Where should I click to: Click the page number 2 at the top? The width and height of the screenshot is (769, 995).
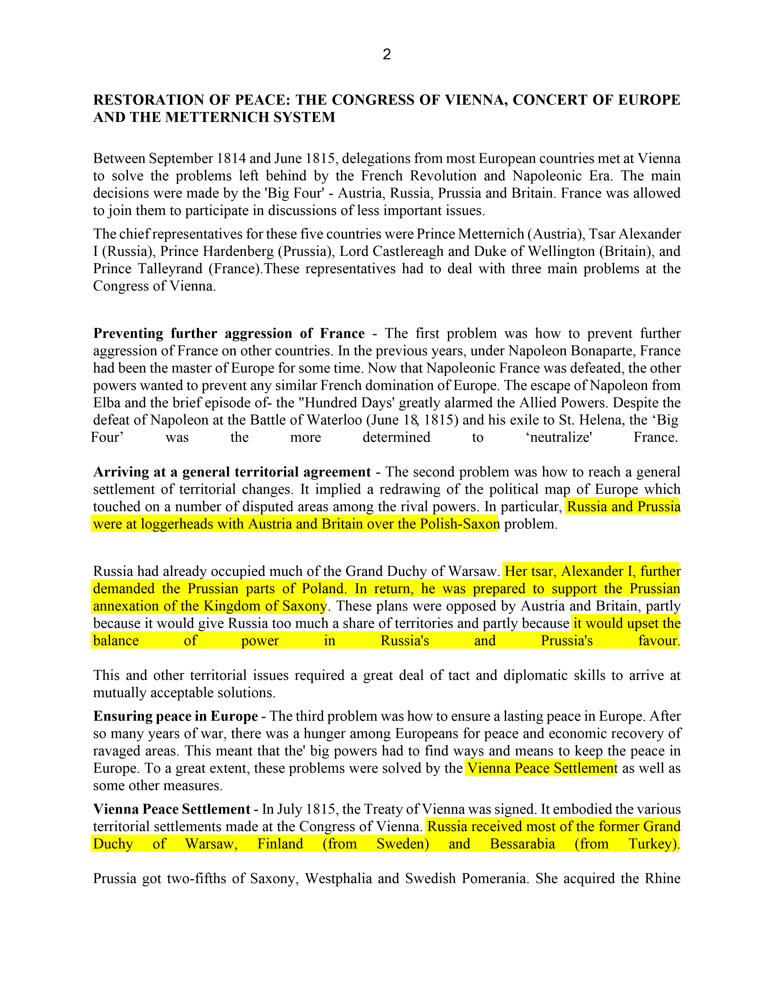(x=386, y=55)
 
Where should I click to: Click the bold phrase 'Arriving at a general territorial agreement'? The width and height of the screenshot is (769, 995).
(x=232, y=472)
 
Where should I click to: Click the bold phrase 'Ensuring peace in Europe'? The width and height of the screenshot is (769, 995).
(x=176, y=716)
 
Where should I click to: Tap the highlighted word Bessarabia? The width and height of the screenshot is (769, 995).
(x=522, y=844)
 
